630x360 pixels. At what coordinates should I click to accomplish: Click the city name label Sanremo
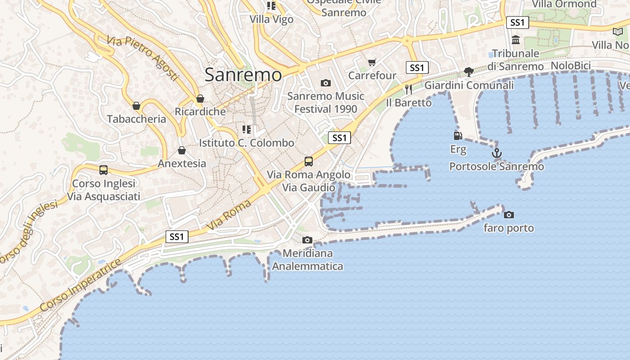(243, 75)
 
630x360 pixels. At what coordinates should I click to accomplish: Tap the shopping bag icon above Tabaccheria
(136, 106)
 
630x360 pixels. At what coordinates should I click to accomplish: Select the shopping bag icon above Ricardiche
(200, 99)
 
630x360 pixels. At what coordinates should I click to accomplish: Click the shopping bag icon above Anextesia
(182, 150)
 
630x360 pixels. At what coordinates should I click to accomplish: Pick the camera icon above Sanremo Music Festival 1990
(325, 83)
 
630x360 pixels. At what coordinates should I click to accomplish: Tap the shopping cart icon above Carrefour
(372, 62)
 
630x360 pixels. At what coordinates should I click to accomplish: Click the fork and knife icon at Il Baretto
(409, 89)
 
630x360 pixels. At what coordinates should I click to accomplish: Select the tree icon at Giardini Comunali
(469, 72)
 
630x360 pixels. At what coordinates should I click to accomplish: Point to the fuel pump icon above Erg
(458, 135)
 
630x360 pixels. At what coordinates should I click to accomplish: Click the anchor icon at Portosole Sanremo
(496, 153)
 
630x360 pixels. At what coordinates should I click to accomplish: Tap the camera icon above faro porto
(508, 215)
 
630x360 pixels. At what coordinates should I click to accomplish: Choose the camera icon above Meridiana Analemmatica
(307, 240)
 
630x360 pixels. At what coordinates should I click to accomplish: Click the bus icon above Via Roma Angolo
(309, 161)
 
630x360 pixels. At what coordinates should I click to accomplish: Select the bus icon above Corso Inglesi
(103, 170)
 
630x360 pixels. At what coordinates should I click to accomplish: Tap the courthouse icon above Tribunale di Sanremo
(516, 40)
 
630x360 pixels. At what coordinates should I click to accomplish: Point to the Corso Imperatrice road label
(81, 285)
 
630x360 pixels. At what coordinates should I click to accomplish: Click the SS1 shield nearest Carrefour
(417, 68)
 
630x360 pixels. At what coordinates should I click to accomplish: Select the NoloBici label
(571, 66)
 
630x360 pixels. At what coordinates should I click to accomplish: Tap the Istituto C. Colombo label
(247, 143)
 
